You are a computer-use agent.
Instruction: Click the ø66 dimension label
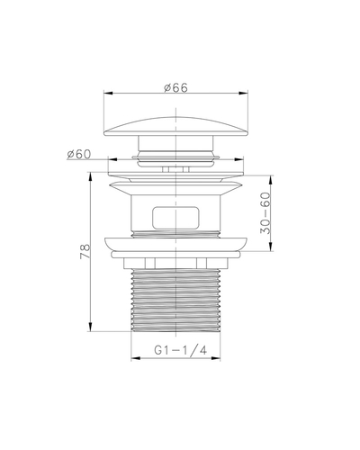pos(175,87)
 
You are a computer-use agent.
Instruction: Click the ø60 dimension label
pos(78,154)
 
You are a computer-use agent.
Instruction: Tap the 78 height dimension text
pos(85,251)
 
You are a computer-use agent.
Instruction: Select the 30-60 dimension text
pos(265,212)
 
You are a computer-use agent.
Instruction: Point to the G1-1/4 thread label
pos(181,350)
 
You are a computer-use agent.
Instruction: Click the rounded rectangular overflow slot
pos(175,218)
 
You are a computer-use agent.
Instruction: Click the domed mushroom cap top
pos(175,126)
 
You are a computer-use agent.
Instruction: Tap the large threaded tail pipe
pos(175,301)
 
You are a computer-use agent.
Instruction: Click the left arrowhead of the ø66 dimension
pos(108,94)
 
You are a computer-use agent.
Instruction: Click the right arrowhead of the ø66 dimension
pos(244,94)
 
